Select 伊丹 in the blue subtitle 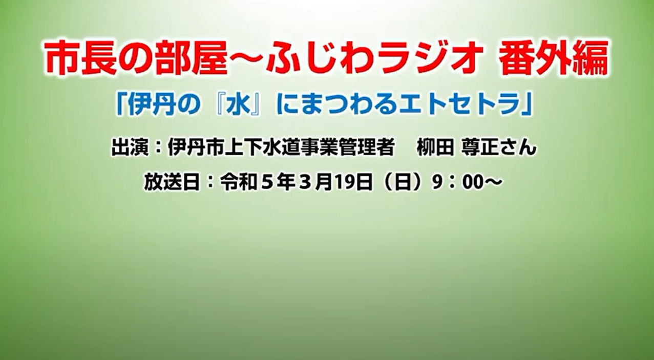(151, 105)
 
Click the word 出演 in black (129, 148)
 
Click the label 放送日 (172, 182)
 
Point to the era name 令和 (239, 182)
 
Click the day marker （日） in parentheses (402, 183)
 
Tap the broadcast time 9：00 (458, 183)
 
